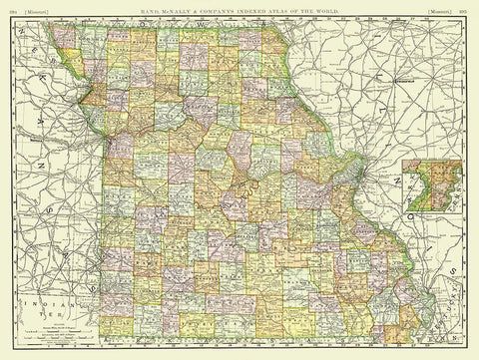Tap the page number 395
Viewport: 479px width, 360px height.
(x=469, y=6)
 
